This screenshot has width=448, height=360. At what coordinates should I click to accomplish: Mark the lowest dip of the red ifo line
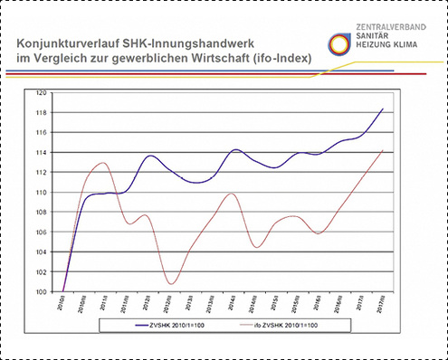[x=171, y=284]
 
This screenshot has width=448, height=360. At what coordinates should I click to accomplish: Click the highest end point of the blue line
[x=383, y=109]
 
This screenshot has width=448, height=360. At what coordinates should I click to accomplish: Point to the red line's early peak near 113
[x=102, y=163]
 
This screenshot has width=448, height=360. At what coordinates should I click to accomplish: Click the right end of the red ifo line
[x=383, y=150]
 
